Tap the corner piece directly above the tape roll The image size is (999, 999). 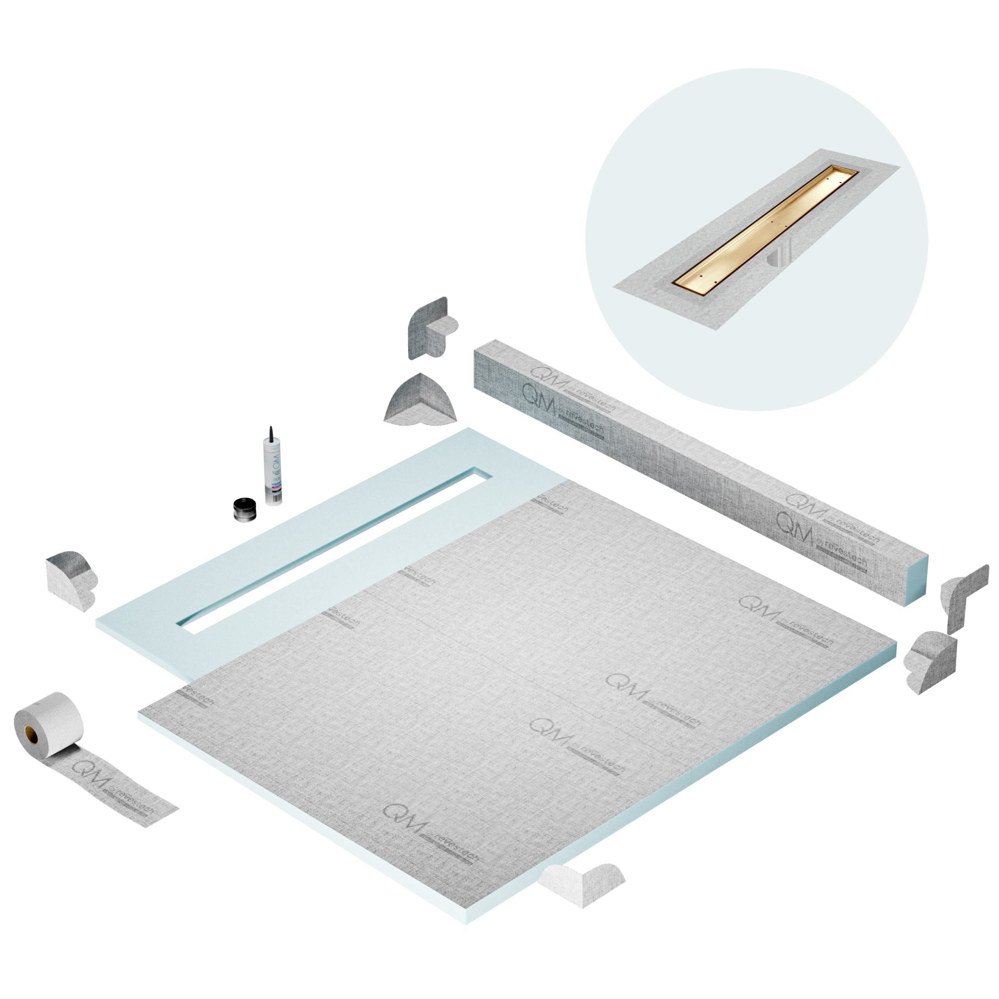point(70,579)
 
